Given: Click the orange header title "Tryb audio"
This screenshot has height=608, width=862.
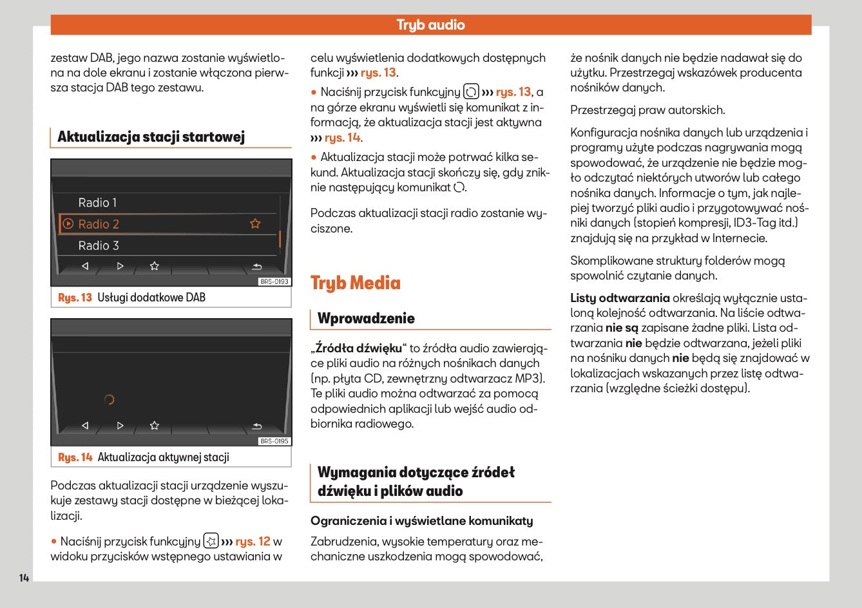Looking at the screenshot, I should click(430, 25).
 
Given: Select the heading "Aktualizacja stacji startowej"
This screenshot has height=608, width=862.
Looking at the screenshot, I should click(151, 137).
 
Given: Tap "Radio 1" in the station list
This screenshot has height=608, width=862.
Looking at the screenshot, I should click(97, 203).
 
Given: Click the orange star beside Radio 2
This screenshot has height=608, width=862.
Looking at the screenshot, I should click(255, 223).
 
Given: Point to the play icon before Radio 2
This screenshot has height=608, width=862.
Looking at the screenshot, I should click(68, 224).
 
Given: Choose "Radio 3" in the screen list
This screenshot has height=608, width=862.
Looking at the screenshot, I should click(99, 245).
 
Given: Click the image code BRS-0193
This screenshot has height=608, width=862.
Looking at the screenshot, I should click(274, 281).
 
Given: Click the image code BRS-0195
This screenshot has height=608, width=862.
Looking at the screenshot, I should click(274, 441).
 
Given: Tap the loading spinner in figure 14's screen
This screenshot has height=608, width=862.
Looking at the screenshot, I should click(109, 399).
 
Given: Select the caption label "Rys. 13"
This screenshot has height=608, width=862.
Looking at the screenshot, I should click(75, 298).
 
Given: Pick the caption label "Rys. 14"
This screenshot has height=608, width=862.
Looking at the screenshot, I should click(75, 457).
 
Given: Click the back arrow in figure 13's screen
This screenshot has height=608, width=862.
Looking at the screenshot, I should click(256, 266).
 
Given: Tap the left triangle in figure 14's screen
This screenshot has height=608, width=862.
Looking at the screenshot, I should click(85, 426).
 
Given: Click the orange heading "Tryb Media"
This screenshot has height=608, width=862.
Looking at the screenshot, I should click(355, 283).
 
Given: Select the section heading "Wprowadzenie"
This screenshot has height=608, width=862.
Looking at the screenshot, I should click(366, 318).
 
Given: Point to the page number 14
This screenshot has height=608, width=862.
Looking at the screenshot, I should click(24, 578).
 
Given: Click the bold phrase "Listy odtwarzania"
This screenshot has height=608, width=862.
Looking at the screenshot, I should click(620, 298).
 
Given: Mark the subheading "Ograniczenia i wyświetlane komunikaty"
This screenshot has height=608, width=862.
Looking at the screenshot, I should click(421, 520).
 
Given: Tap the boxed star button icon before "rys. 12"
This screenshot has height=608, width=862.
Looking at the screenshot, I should click(211, 541).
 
